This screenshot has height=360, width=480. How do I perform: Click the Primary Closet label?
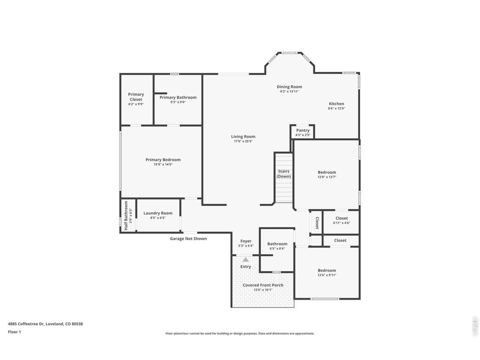point(136,97)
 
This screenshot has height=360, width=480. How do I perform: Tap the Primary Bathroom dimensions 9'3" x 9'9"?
point(178,102)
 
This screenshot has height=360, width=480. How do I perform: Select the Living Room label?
point(243,136)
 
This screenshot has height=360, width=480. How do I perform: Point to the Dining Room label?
point(289,87)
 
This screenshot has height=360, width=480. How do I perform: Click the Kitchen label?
point(336,104)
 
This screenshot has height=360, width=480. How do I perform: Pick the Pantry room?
point(303,132)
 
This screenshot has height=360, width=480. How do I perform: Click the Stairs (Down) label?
point(284,174)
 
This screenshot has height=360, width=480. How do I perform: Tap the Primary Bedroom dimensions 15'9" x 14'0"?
point(163,164)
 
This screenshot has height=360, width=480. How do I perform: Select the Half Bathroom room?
point(128,216)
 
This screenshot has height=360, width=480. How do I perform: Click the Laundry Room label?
point(158,213)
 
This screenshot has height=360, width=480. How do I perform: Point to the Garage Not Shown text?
point(188,239)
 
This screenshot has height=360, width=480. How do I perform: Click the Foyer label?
point(246,241)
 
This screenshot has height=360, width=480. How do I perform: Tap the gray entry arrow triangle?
point(246,260)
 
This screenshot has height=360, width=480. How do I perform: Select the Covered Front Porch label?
point(263,285)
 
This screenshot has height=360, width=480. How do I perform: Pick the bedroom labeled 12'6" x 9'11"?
point(327,272)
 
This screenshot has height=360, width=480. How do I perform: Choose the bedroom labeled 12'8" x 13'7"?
point(327,175)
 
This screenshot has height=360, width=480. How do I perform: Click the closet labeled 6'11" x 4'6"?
point(341,222)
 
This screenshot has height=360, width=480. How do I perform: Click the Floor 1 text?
point(15,332)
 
